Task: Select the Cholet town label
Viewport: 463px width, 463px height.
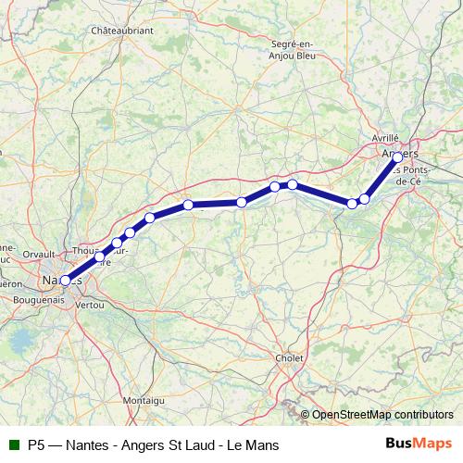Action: [x=290, y=357]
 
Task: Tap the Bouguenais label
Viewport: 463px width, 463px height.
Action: [x=40, y=299]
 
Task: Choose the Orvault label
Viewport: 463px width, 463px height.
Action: [x=38, y=253]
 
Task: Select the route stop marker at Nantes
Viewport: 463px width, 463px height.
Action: [x=65, y=280]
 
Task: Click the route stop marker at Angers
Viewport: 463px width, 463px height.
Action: [x=398, y=157]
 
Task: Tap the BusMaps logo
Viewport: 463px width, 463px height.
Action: [x=418, y=444]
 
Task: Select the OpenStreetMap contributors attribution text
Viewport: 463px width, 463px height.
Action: [x=382, y=414]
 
